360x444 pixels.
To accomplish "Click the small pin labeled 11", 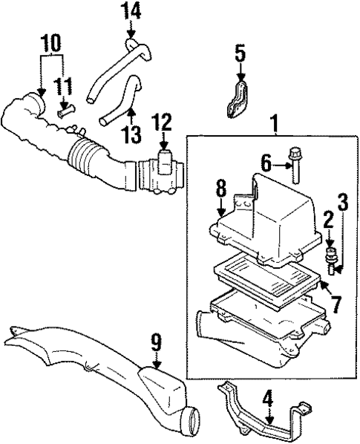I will click(x=63, y=114).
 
